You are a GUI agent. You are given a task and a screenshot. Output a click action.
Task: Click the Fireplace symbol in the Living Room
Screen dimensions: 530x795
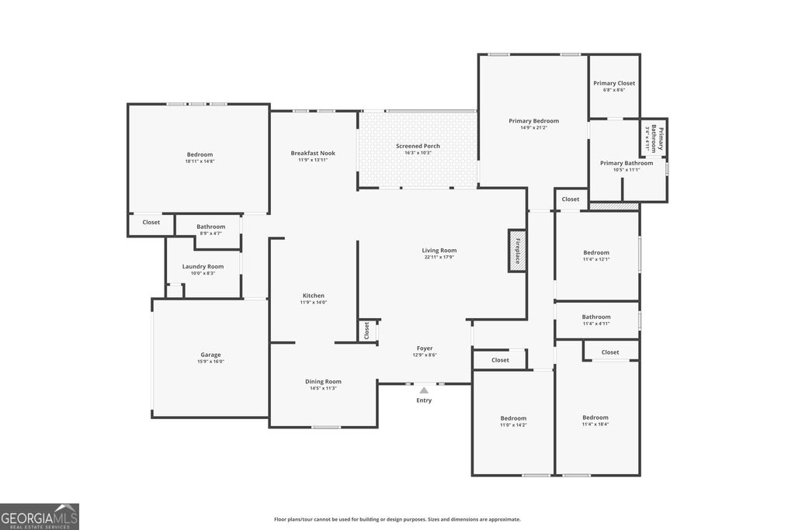click(517, 250)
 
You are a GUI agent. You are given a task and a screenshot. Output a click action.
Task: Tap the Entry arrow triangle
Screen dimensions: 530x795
click(424, 391)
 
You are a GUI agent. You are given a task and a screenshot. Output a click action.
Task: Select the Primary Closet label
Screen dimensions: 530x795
click(614, 83)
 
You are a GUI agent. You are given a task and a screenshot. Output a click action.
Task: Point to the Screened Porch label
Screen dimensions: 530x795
click(418, 146)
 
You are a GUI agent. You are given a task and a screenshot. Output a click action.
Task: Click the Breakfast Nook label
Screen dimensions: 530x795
click(313, 154)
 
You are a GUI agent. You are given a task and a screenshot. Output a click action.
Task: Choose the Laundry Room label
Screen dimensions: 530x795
click(203, 266)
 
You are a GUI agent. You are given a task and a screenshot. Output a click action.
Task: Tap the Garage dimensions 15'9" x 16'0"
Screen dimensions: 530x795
click(211, 362)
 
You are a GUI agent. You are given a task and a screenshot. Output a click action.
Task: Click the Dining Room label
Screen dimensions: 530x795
click(323, 381)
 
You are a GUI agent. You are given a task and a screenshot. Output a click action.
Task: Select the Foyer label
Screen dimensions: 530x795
click(424, 348)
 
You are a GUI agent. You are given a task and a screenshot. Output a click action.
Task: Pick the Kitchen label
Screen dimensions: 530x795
click(314, 296)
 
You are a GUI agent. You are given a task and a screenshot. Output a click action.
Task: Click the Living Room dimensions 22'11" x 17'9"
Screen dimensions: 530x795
click(439, 257)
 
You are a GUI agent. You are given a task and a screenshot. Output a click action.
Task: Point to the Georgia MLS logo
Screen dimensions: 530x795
click(40, 516)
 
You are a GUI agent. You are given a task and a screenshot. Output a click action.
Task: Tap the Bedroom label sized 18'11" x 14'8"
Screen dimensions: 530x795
click(200, 154)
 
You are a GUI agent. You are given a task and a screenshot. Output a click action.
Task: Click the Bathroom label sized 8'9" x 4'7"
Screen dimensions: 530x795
click(210, 227)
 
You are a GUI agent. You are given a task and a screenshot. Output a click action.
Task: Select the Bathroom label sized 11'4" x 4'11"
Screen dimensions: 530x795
click(596, 317)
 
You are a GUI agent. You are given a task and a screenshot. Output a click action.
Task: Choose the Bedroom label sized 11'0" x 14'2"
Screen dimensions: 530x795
click(512, 417)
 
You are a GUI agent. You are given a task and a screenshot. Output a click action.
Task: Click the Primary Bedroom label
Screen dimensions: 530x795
click(533, 121)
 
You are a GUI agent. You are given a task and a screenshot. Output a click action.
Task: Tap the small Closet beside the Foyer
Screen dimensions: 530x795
click(366, 331)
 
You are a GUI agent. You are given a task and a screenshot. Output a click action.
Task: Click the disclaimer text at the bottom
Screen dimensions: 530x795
click(397, 519)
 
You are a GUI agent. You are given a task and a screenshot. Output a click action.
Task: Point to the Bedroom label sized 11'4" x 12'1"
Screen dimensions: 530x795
click(596, 252)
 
